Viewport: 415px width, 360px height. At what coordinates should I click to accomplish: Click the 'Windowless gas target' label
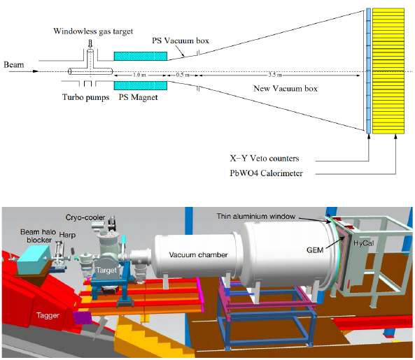(x=93, y=31)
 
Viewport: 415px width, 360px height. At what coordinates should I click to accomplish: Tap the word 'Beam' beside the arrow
(x=14, y=65)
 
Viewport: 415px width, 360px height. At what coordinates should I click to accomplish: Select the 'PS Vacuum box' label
(x=181, y=41)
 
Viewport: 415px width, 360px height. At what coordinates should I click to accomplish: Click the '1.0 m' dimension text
(x=139, y=75)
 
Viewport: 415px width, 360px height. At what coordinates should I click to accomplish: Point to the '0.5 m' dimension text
(x=183, y=75)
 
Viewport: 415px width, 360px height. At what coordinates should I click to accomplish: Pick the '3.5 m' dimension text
(x=275, y=75)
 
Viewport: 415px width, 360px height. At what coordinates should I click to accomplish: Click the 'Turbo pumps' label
(x=86, y=97)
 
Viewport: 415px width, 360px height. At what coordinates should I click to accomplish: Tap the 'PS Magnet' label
(x=138, y=97)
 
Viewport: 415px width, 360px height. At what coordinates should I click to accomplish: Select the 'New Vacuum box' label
(x=286, y=89)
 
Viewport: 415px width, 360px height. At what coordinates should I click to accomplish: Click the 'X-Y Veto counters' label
(x=265, y=158)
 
